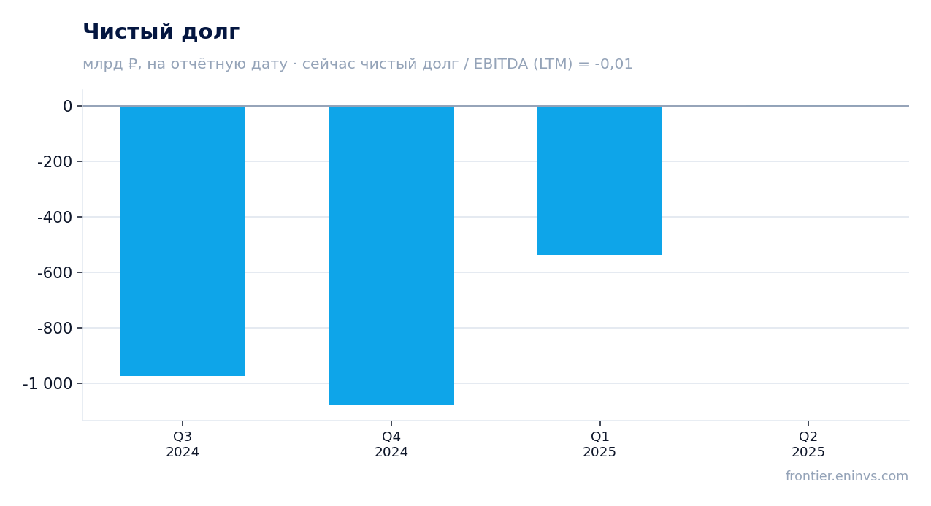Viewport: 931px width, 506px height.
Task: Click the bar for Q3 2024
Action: coord(183,241)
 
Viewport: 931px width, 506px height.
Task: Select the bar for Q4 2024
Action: coord(391,256)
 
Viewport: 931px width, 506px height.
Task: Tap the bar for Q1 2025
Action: coord(599,180)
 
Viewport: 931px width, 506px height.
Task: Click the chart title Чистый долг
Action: coord(161,32)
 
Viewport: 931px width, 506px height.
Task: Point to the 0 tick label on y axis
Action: coord(67,107)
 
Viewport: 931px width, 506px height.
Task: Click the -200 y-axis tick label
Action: coord(55,161)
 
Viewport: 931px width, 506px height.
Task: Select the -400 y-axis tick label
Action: coord(55,218)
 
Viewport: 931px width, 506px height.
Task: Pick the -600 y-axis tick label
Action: coord(55,273)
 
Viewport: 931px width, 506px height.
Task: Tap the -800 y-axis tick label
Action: coord(55,328)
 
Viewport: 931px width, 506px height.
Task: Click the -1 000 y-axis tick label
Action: coord(47,384)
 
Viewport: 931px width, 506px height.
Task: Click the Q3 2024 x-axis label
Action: coord(183,444)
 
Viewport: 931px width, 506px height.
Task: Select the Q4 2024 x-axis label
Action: coord(391,444)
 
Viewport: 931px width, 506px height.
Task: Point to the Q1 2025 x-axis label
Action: coord(599,444)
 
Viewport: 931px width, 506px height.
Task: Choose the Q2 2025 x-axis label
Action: coord(808,444)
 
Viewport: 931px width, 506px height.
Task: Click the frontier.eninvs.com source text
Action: coord(846,476)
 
